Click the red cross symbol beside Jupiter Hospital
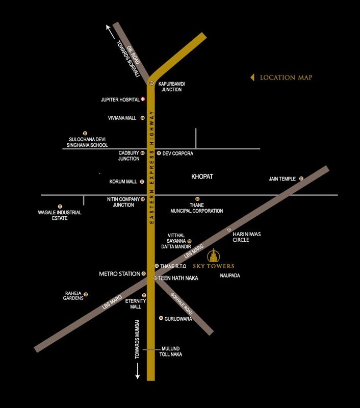(x=143, y=99)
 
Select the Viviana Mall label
(x=122, y=118)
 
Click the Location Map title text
(x=286, y=78)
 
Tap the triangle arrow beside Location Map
(x=252, y=78)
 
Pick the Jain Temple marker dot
(x=301, y=178)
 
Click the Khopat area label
(x=202, y=176)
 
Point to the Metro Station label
(x=119, y=274)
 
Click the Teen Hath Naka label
(x=178, y=278)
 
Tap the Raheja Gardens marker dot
(x=86, y=294)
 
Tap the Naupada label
(x=230, y=276)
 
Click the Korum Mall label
(x=123, y=182)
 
